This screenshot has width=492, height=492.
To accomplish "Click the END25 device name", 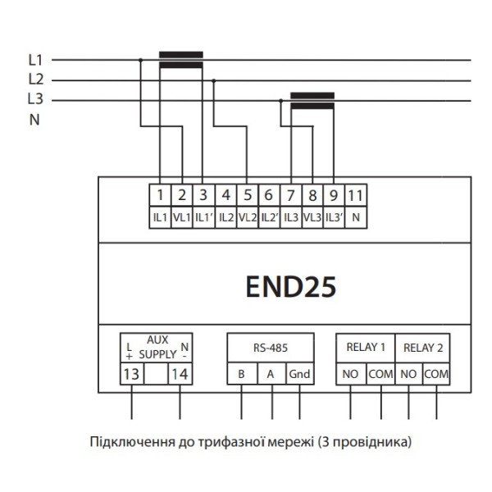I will pyautogui.click(x=291, y=287).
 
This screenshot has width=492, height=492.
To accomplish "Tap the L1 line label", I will pyautogui.click(x=35, y=60).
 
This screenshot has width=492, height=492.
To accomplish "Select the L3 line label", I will pyautogui.click(x=35, y=100).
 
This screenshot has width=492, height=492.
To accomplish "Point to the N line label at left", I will pyautogui.click(x=34, y=120).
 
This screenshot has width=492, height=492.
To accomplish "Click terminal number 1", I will pyautogui.click(x=161, y=196).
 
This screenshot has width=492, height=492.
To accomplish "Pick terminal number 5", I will pyautogui.click(x=247, y=196).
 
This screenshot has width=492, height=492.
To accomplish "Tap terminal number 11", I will pyautogui.click(x=354, y=196).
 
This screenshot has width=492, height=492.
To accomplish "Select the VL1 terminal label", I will pyautogui.click(x=182, y=219).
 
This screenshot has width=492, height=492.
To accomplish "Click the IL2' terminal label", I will pyautogui.click(x=268, y=219).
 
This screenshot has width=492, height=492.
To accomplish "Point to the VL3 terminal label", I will pyautogui.click(x=312, y=219).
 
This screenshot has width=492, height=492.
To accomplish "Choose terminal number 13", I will pyautogui.click(x=131, y=374).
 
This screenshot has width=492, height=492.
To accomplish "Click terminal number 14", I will pyautogui.click(x=180, y=374).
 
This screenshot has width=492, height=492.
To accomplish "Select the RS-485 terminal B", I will pyautogui.click(x=241, y=374).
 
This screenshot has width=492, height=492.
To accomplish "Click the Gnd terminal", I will pyautogui.click(x=299, y=374).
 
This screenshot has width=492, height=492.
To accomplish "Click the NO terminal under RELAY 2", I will pyautogui.click(x=409, y=374).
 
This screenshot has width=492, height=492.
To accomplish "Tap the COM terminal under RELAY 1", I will pyautogui.click(x=380, y=374).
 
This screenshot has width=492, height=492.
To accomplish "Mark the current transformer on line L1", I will pyautogui.click(x=180, y=59).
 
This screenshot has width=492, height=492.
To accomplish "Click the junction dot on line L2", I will pyautogui.click(x=214, y=80).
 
